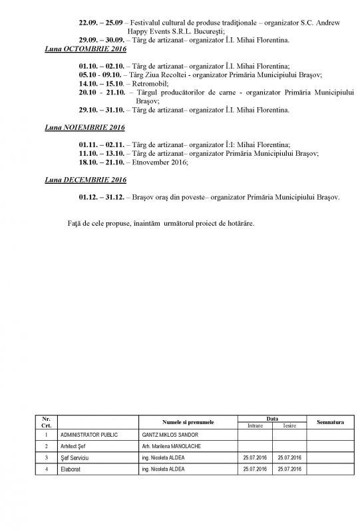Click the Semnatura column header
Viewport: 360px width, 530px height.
click(330, 422)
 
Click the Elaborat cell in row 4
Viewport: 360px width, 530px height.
click(71, 469)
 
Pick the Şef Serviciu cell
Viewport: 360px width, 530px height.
click(75, 457)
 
